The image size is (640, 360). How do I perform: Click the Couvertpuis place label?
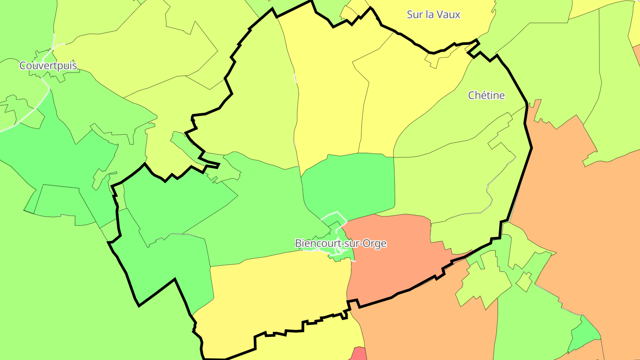(x=48, y=66)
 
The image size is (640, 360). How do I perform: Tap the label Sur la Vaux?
(x=433, y=14)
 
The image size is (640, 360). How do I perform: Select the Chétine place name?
(x=486, y=95)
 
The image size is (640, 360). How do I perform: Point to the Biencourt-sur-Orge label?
(x=340, y=244)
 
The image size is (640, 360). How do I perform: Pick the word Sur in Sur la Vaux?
(x=414, y=14)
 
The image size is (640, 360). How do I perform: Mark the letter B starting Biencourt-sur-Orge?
(x=298, y=244)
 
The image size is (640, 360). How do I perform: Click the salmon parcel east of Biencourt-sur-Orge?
(x=391, y=258)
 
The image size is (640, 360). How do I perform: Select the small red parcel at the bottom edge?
(x=360, y=354)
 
